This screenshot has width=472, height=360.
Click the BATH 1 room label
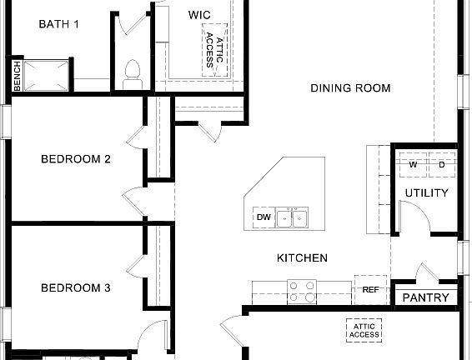(x=58, y=24)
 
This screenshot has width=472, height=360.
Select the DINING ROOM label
(x=350, y=88)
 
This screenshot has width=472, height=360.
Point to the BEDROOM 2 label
(x=76, y=159)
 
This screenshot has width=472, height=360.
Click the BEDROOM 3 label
(x=76, y=288)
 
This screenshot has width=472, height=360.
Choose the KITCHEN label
(x=302, y=258)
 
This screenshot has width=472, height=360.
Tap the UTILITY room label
(x=426, y=193)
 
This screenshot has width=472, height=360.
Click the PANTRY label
(x=425, y=297)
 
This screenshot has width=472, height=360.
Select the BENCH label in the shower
(x=17, y=77)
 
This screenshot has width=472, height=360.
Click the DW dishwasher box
(x=264, y=218)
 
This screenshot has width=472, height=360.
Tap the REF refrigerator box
(x=370, y=290)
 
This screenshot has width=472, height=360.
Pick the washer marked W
(x=413, y=165)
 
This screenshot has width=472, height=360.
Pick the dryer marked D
(x=442, y=165)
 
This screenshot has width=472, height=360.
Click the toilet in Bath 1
(x=131, y=73)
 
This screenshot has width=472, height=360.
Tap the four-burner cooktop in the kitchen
(x=302, y=291)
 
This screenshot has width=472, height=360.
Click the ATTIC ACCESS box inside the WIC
(x=214, y=49)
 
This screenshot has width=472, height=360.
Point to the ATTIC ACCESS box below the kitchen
(x=364, y=330)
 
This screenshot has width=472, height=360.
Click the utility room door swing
(x=414, y=220)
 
